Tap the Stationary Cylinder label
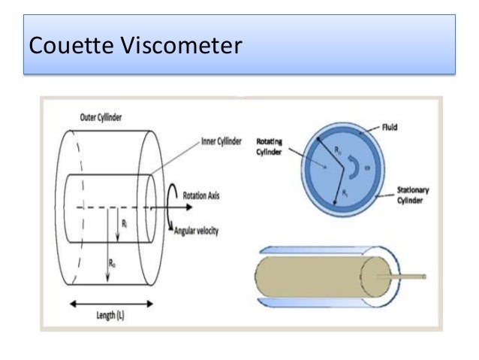coord(413,197)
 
